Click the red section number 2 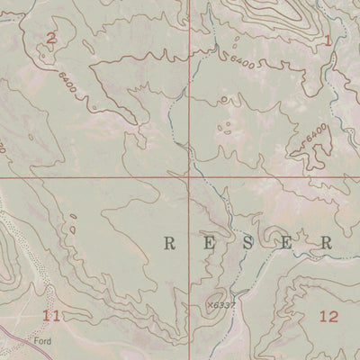pos(50,37)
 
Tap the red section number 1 pos(328,40)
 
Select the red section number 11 pos(51,315)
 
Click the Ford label pos(42,342)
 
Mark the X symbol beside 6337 pos(209,304)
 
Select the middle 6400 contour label pos(242,59)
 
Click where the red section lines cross pos(189,177)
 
